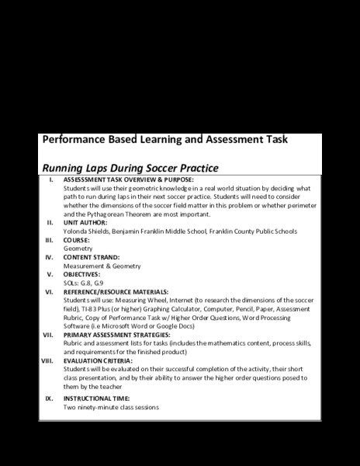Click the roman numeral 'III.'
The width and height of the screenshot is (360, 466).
click(x=48, y=239)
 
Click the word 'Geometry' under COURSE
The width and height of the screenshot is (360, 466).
click(x=78, y=249)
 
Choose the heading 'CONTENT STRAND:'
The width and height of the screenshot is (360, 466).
click(x=92, y=257)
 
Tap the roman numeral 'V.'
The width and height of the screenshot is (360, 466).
click(x=50, y=274)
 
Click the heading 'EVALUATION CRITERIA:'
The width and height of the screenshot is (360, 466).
click(x=98, y=360)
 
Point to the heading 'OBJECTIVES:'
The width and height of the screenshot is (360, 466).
click(x=81, y=274)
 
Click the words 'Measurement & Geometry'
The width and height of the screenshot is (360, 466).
click(x=102, y=266)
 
